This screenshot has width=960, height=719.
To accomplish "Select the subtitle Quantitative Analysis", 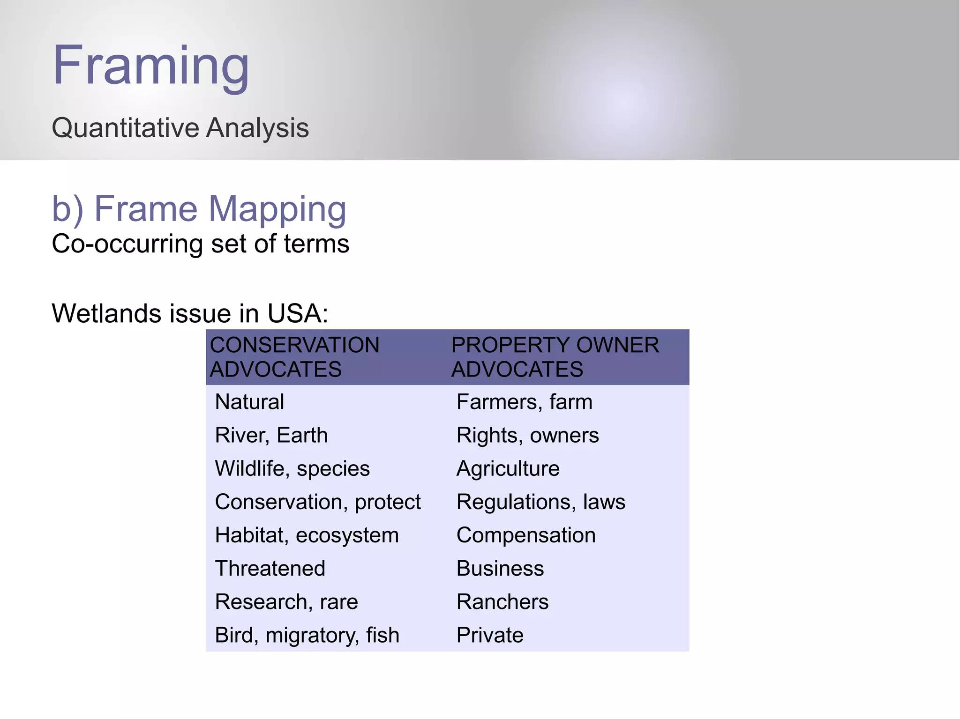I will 180,128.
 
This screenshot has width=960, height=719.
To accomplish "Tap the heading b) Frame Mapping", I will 199,209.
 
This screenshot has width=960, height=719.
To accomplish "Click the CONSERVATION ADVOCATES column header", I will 294,357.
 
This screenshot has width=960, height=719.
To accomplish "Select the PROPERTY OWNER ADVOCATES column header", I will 555,357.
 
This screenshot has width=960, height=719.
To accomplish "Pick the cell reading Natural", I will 249,402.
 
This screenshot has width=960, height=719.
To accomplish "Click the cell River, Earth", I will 271,435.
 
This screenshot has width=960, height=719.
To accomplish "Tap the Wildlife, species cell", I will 292,468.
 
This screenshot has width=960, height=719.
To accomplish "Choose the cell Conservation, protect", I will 318,502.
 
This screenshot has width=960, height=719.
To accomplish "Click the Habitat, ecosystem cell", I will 307,535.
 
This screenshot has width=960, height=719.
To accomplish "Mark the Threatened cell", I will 270,569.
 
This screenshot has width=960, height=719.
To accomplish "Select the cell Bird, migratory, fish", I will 307,635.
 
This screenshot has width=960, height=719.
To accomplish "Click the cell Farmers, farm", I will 524,402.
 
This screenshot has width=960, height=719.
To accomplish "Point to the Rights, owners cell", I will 527,435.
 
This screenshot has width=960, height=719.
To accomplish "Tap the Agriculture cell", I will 508,468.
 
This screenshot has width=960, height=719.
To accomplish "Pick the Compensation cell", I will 526,535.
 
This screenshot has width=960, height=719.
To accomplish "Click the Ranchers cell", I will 502,602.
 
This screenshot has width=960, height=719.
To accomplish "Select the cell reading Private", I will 490,635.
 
